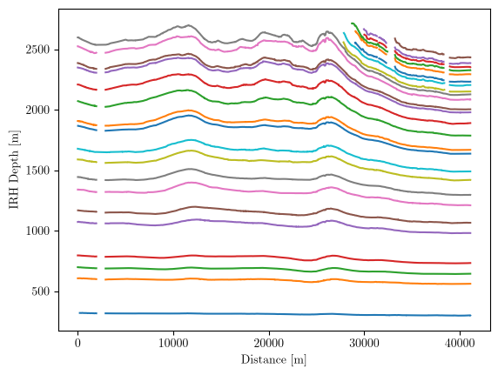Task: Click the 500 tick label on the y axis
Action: (x=41, y=291)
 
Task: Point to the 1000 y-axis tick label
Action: (x=37, y=231)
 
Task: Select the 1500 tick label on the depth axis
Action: (x=37, y=171)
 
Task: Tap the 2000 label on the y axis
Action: (x=37, y=110)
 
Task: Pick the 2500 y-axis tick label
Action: (x=37, y=50)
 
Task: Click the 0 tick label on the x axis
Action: (x=77, y=344)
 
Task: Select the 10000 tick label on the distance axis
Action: (x=173, y=344)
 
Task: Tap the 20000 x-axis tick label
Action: (x=269, y=344)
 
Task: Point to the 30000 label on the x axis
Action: (x=364, y=344)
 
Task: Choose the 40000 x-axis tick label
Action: (x=460, y=344)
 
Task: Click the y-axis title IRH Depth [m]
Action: (x=14, y=170)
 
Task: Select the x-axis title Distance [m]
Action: (x=273, y=359)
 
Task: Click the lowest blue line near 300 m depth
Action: (x=287, y=314)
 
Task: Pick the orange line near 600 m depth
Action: (x=287, y=280)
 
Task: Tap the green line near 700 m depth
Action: (x=287, y=269)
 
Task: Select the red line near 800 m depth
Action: (x=287, y=257)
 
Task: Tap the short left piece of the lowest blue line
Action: (x=88, y=313)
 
